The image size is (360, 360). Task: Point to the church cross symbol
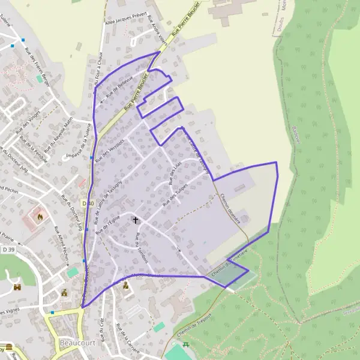(x=135, y=221)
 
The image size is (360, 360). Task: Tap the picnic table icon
(x=187, y=344)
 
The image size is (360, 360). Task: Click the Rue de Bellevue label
(x=119, y=90)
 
